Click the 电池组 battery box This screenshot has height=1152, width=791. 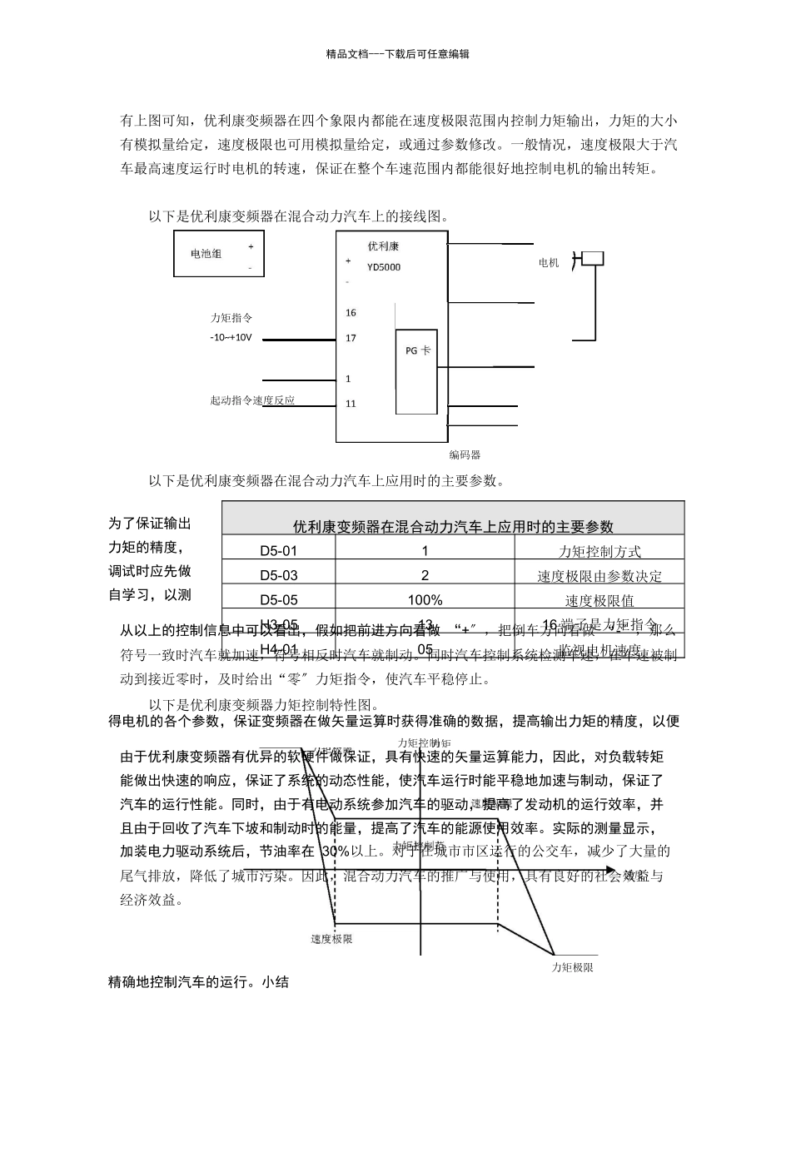[x=218, y=253]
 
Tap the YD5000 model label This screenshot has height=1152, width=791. [x=384, y=267]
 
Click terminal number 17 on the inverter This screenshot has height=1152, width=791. [x=351, y=338]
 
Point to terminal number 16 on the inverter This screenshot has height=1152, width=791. [x=351, y=313]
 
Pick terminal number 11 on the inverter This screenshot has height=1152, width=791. [x=351, y=404]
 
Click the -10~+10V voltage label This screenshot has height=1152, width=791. [x=231, y=338]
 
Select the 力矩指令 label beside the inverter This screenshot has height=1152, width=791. [x=231, y=317]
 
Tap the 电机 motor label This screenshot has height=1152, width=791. [x=549, y=263]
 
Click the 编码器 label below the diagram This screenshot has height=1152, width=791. [x=465, y=454]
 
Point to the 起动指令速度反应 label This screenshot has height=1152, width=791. [x=252, y=400]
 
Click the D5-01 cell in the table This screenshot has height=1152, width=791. [x=278, y=551]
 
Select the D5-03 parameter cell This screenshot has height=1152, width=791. [x=278, y=575]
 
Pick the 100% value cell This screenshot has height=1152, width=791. [x=425, y=600]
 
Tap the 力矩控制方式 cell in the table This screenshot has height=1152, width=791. [x=599, y=551]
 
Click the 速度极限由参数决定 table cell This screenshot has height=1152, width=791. [x=599, y=576]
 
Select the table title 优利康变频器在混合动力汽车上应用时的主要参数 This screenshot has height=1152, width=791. [x=453, y=526]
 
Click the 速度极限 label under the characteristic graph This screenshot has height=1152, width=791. [x=331, y=939]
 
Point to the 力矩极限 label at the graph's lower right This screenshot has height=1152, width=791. [x=573, y=967]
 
